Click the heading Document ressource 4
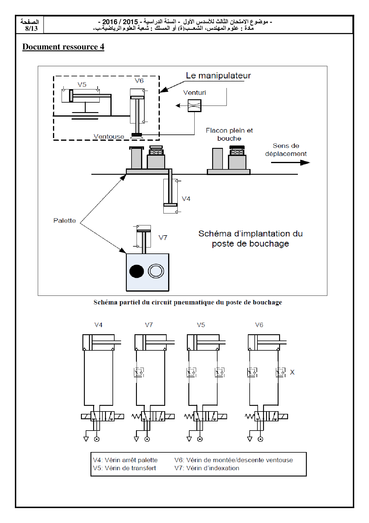coord(63,47)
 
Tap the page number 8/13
coord(31,28)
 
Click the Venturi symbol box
coord(194,106)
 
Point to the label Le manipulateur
coord(218,76)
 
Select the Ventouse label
coord(109,137)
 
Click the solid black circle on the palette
coord(137,271)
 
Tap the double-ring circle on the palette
coord(156,271)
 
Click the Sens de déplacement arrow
coord(290,163)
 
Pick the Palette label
coord(65,221)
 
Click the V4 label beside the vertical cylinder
coord(186,199)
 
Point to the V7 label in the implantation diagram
coord(163,238)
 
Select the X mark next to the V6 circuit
coord(292,372)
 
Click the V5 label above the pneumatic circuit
coord(201,325)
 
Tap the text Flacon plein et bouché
coord(229,134)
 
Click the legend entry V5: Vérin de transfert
coord(124,468)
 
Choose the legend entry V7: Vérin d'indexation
coord(207,468)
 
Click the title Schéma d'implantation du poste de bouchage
coord(250,239)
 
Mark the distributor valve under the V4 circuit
coord(102,416)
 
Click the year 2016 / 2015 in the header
coord(120,22)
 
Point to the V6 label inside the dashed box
coord(139,81)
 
